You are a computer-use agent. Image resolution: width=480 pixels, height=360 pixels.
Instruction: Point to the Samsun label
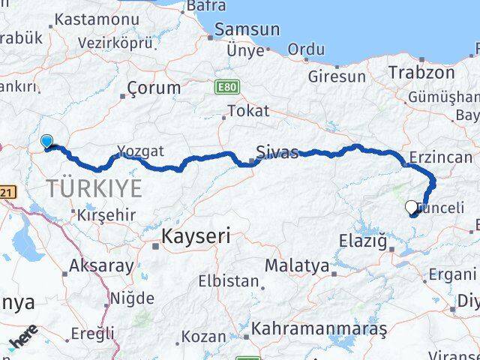coord(247,30)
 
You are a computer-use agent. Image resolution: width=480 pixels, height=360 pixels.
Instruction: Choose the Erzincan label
coord(440,157)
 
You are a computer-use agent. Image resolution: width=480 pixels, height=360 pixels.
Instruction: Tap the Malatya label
coord(296,265)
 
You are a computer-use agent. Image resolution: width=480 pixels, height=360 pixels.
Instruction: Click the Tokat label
coord(247,110)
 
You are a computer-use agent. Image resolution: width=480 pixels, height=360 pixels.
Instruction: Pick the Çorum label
coord(154,87)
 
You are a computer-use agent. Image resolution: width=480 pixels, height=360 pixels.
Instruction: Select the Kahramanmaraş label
coord(319,328)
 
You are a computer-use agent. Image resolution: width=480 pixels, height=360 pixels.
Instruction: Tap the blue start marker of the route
coord(46,141)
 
